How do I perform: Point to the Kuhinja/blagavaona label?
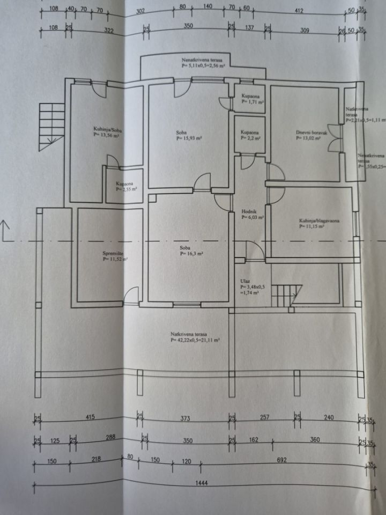pos(320,221)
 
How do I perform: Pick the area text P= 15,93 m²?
pos(189,138)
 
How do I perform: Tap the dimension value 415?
pos(90,416)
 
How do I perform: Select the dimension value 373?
pos(185,417)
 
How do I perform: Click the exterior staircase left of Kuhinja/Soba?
pos(51,126)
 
